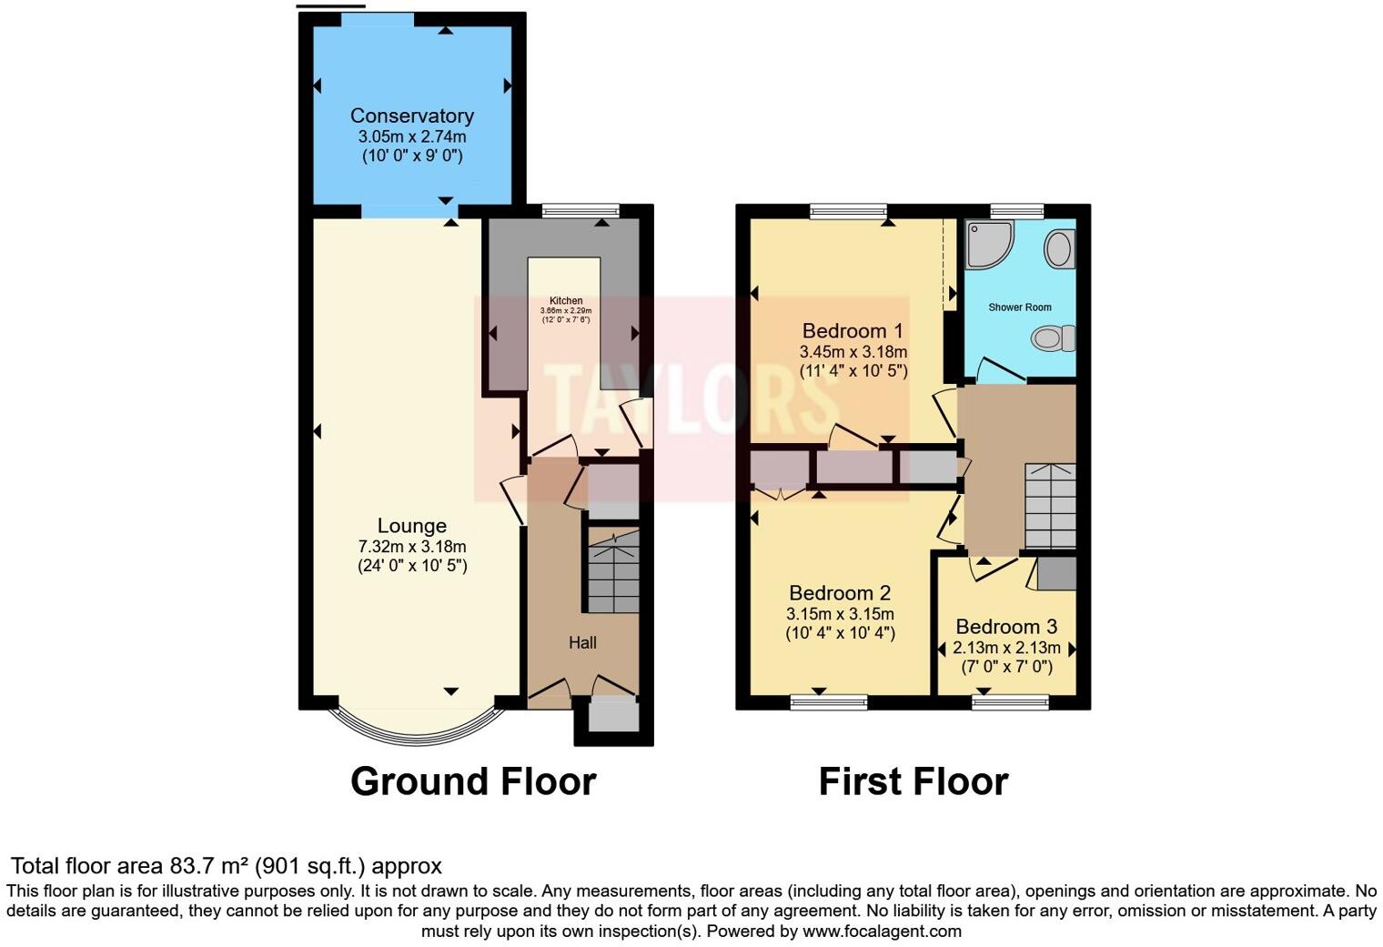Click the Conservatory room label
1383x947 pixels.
pyautogui.click(x=411, y=116)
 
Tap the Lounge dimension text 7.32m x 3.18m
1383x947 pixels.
pyautogui.click(x=411, y=546)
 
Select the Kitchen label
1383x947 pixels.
pyautogui.click(x=565, y=301)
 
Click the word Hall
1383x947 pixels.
pyautogui.click(x=582, y=642)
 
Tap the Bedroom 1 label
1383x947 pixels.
pyautogui.click(x=853, y=330)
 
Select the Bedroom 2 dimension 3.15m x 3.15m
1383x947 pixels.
pyautogui.click(x=840, y=613)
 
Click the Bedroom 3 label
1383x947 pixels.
pyautogui.click(x=1006, y=627)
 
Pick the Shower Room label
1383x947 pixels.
pyautogui.click(x=1019, y=307)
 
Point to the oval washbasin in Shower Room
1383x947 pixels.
pyautogui.click(x=1059, y=248)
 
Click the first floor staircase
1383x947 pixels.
pyautogui.click(x=1050, y=505)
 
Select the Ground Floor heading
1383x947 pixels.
pyautogui.click(x=473, y=781)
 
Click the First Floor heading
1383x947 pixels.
pyautogui.click(x=913, y=781)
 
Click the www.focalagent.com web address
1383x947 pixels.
pyautogui.click(x=882, y=931)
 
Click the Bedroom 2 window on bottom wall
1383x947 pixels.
pyautogui.click(x=828, y=701)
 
